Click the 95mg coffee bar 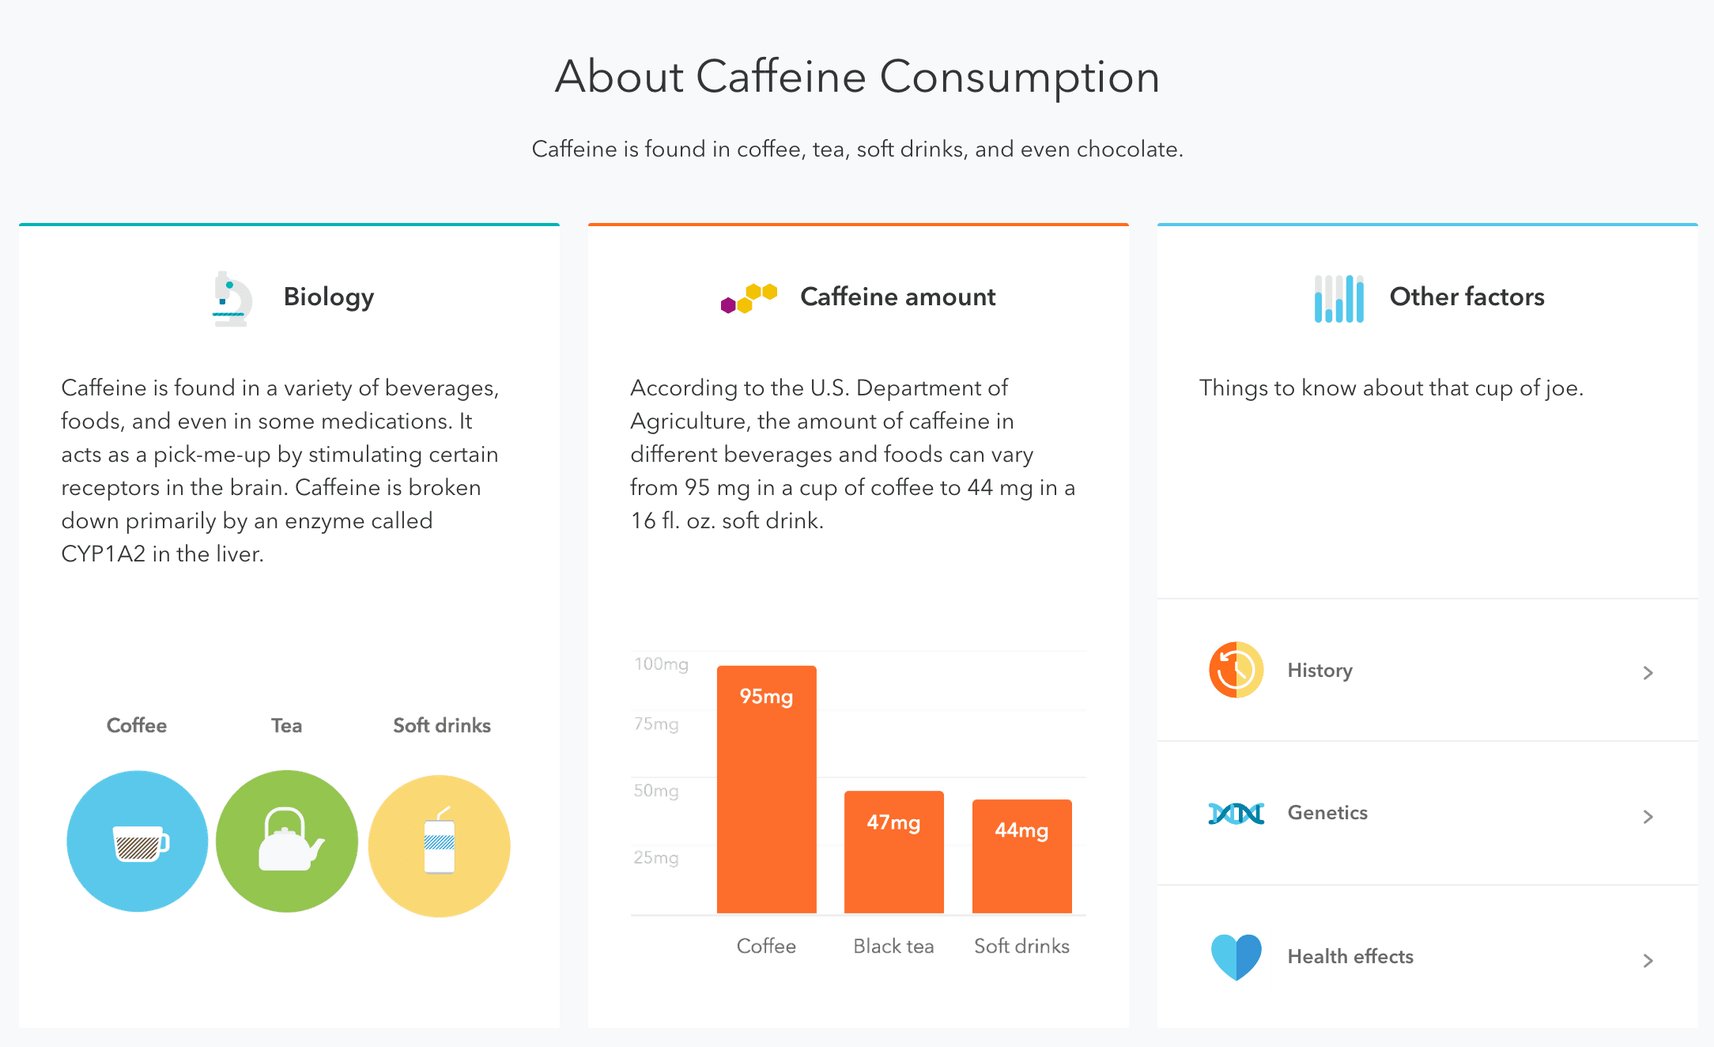[x=766, y=789]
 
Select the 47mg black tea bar [x=894, y=852]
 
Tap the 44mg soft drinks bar [x=1021, y=856]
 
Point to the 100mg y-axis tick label [x=661, y=664]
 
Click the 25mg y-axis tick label [x=656, y=858]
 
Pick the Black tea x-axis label [x=893, y=946]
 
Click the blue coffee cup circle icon [x=138, y=841]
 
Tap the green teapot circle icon [x=287, y=841]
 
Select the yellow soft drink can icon [x=440, y=845]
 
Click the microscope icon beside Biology [x=232, y=299]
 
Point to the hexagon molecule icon [x=749, y=298]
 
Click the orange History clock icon [x=1236, y=670]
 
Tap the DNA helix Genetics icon [x=1236, y=813]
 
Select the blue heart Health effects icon [x=1236, y=957]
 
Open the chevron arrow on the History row [x=1648, y=673]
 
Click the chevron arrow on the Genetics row [x=1648, y=817]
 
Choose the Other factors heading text [x=1467, y=297]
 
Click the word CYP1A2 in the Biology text [x=104, y=554]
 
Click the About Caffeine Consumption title [x=857, y=77]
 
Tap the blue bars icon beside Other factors [x=1339, y=299]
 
